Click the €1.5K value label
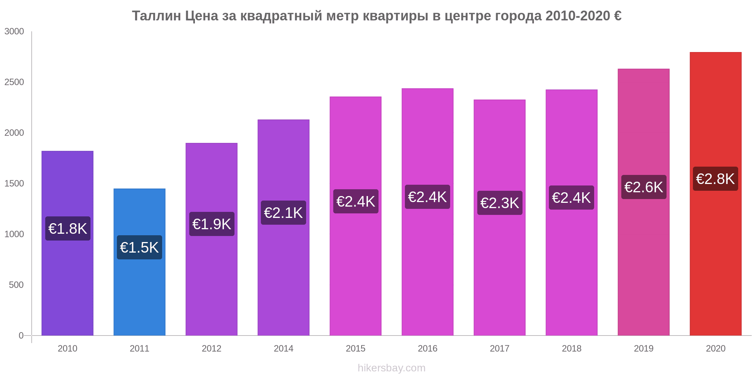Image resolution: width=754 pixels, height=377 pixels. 139,247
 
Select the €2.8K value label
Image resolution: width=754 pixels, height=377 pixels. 716,179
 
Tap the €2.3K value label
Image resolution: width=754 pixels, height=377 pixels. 500,203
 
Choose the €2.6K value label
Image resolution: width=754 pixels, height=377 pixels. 644,187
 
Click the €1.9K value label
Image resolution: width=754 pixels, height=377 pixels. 211,224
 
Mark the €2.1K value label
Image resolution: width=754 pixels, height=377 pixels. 284,213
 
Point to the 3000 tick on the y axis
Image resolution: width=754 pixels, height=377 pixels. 14,31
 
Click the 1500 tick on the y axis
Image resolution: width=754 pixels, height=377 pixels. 14,184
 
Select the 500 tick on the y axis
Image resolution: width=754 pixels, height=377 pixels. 16,285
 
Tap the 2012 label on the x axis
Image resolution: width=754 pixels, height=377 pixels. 211,348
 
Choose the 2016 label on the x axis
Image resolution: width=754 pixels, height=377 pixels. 428,348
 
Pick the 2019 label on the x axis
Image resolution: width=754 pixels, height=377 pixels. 644,348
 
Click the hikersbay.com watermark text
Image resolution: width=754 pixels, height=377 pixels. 391,368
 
